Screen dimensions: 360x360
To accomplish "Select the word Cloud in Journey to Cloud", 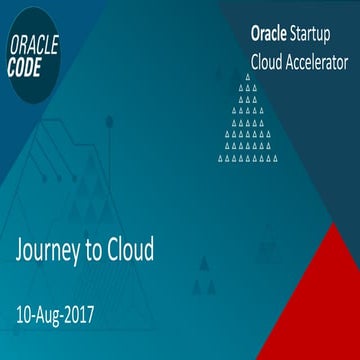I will [x=135, y=250].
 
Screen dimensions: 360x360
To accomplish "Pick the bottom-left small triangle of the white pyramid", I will [x=221, y=157].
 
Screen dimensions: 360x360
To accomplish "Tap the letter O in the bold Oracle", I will [x=255, y=34].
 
